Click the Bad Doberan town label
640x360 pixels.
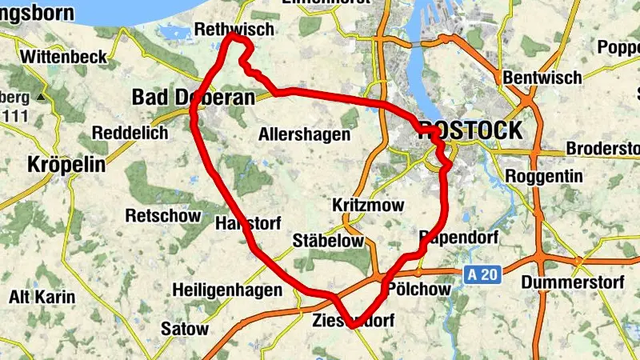(192, 98)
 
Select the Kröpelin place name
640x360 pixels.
(67, 165)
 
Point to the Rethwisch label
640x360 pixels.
(234, 29)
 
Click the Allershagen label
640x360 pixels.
(304, 134)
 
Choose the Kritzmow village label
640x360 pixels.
(367, 206)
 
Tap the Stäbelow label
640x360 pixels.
(328, 240)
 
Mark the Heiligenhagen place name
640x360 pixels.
(227, 290)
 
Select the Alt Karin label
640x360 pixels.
(42, 298)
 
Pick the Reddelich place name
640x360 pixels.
(130, 133)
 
